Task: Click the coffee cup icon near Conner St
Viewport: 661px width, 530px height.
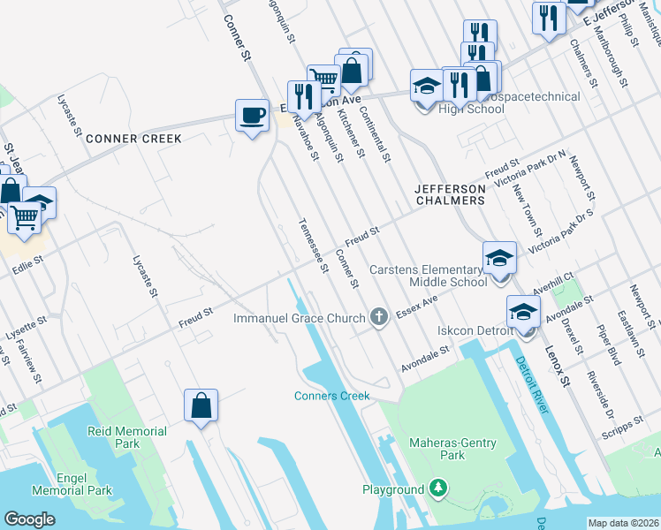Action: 253,115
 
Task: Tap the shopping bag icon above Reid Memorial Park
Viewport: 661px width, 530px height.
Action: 201,405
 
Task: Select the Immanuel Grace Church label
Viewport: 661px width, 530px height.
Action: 300,317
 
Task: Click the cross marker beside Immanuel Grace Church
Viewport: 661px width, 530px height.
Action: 380,316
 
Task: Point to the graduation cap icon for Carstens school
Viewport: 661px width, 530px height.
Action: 499,259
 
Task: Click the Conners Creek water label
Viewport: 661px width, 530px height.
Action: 331,396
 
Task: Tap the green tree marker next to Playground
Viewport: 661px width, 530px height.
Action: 437,488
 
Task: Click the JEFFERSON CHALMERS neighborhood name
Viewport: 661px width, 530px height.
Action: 451,194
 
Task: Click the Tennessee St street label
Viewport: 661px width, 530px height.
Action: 314,245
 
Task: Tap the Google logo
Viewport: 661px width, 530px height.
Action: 29,519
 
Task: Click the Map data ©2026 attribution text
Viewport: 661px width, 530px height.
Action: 623,523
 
